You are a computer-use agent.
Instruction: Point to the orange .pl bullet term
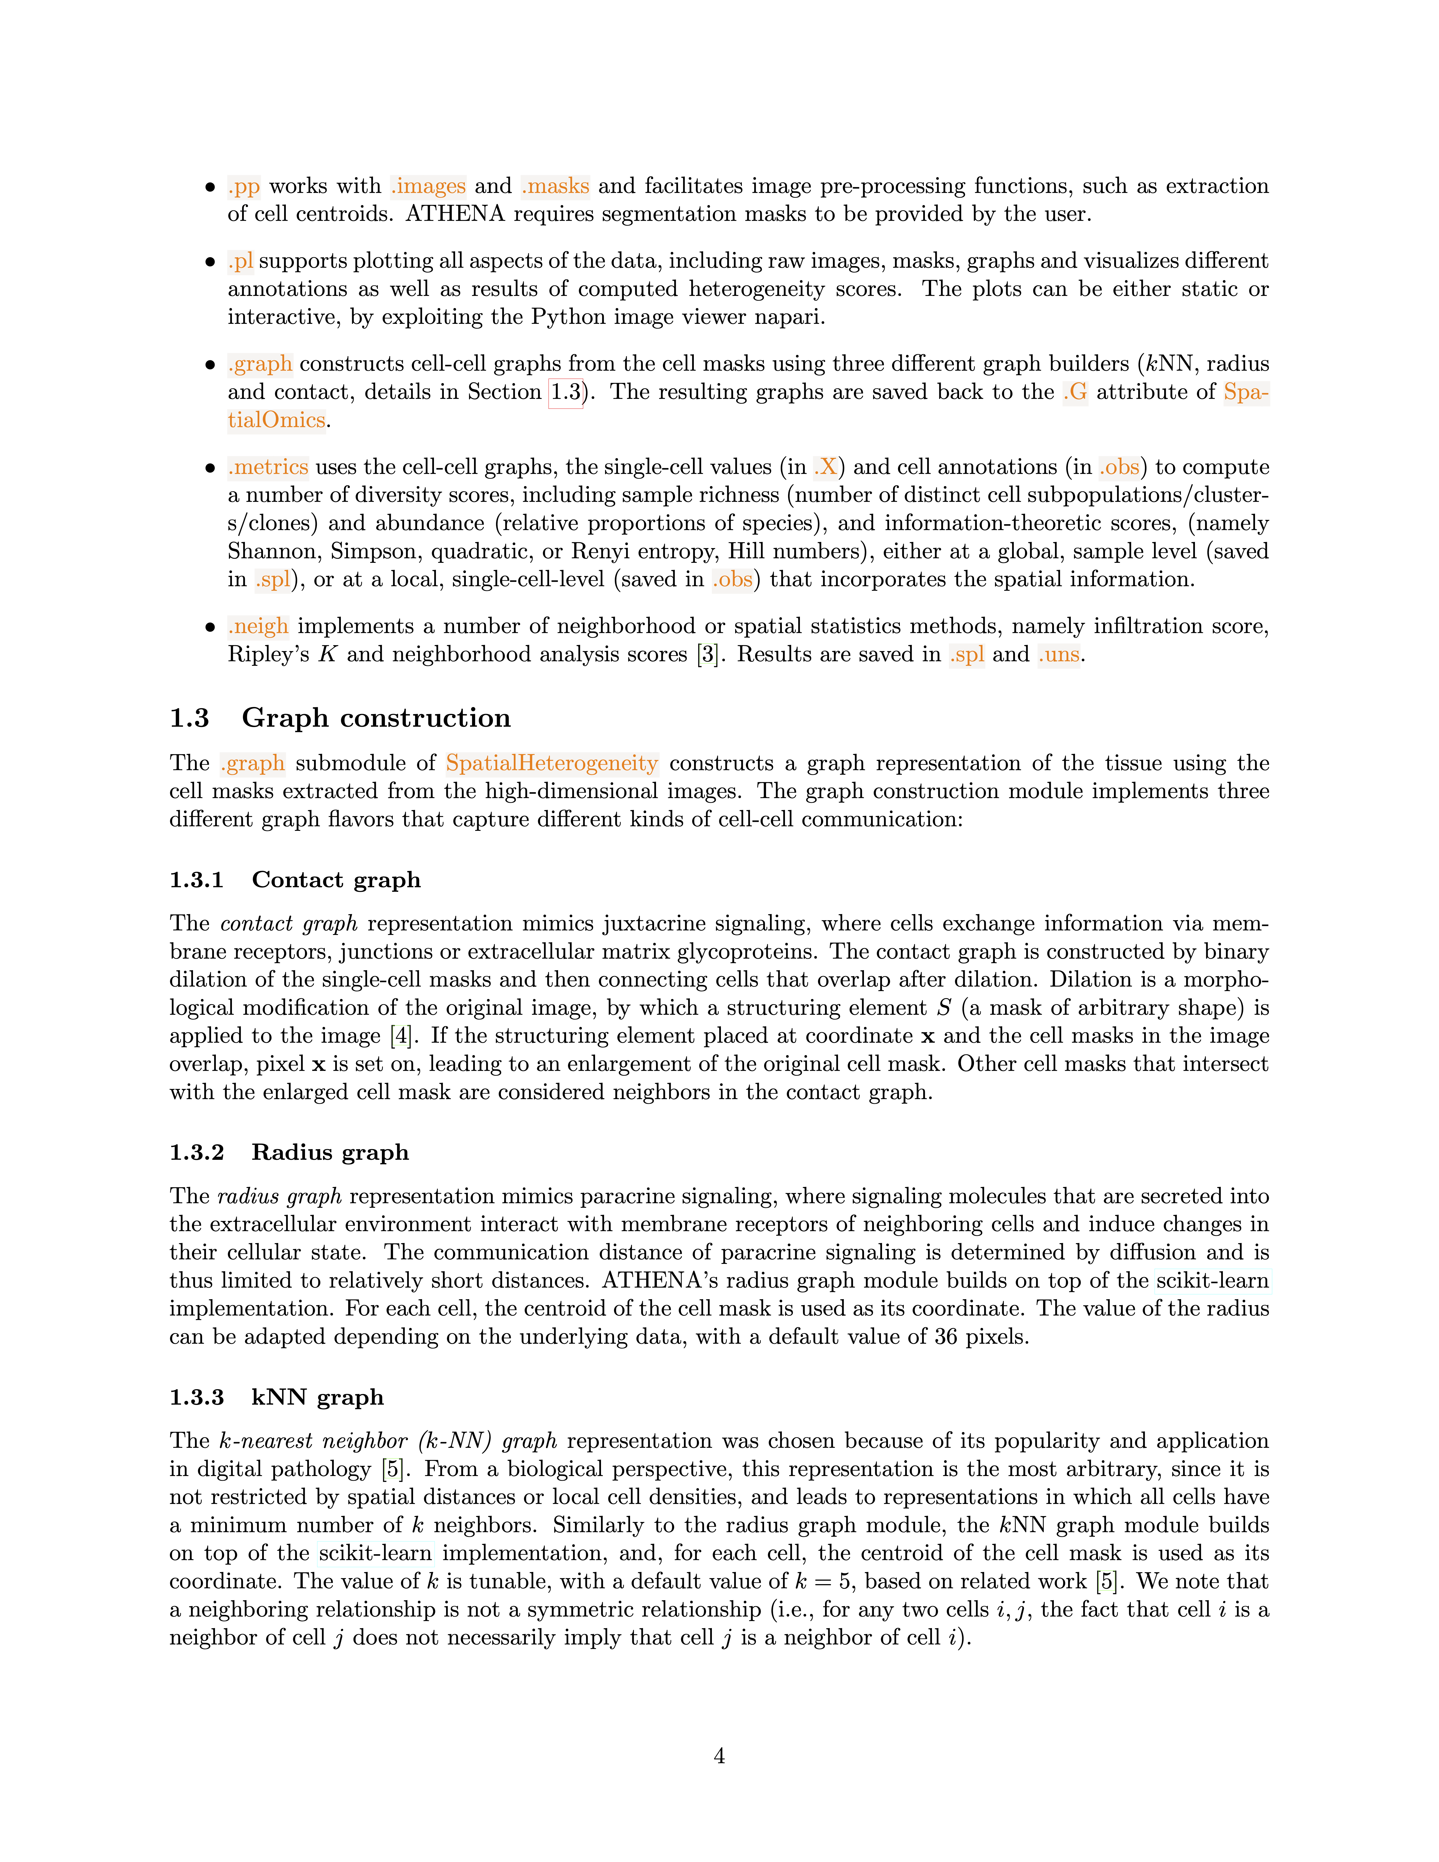(240, 261)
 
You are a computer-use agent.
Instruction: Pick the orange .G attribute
(1075, 392)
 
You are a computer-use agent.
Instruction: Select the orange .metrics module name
(268, 467)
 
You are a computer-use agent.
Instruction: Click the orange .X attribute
(825, 467)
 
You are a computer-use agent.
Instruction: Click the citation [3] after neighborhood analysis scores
(707, 655)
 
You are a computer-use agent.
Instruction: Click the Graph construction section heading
(376, 718)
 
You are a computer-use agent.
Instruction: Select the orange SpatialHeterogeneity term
(552, 763)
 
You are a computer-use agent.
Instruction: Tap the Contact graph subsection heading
(336, 880)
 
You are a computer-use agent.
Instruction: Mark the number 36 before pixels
(946, 1337)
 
